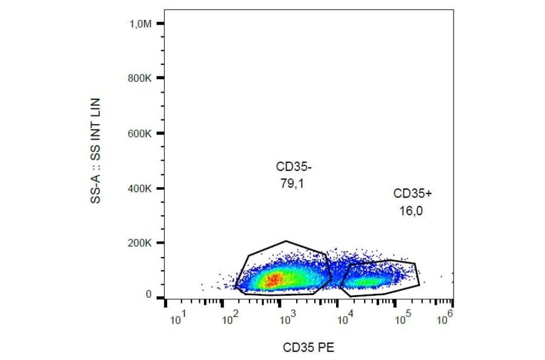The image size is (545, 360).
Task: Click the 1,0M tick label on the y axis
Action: click(x=138, y=24)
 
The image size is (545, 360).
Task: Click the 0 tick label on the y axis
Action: click(x=148, y=295)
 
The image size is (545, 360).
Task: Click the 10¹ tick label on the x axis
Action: click(x=177, y=319)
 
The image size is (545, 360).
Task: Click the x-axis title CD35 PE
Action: click(x=308, y=347)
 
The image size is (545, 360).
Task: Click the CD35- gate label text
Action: click(x=294, y=167)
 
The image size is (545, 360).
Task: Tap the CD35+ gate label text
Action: click(x=413, y=194)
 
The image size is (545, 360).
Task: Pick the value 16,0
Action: click(x=411, y=211)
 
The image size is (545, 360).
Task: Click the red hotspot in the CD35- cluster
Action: click(x=273, y=279)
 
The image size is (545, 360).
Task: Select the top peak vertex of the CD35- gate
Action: click(x=286, y=241)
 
